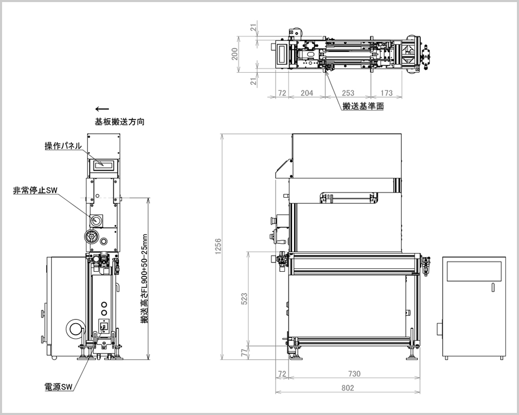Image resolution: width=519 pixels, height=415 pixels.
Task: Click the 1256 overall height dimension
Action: [x=218, y=246]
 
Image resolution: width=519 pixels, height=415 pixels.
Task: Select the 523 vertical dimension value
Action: [x=244, y=299]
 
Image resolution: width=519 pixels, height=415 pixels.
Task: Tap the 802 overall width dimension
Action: [x=348, y=388]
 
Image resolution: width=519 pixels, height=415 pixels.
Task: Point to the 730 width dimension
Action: [x=354, y=374]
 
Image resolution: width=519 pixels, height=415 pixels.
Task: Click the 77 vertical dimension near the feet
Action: [x=244, y=353]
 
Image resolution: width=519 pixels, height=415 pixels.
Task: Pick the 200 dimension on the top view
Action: [x=235, y=53]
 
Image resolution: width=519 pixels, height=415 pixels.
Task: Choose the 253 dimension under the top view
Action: [x=348, y=93]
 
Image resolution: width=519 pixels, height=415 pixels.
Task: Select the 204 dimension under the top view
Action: [x=307, y=93]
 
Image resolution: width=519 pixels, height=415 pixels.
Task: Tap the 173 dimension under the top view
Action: [x=386, y=93]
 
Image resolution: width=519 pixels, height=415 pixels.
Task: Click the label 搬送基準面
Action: [x=363, y=106]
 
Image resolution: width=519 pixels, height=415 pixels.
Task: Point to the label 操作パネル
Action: [x=63, y=146]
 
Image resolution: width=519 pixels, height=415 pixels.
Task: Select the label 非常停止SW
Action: [x=35, y=190]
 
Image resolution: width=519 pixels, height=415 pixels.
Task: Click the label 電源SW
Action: [x=58, y=386]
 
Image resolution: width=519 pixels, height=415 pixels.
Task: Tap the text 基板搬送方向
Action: [x=119, y=122]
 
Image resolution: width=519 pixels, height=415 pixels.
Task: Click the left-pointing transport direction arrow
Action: [x=102, y=109]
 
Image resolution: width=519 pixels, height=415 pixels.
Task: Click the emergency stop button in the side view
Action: [x=96, y=220]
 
